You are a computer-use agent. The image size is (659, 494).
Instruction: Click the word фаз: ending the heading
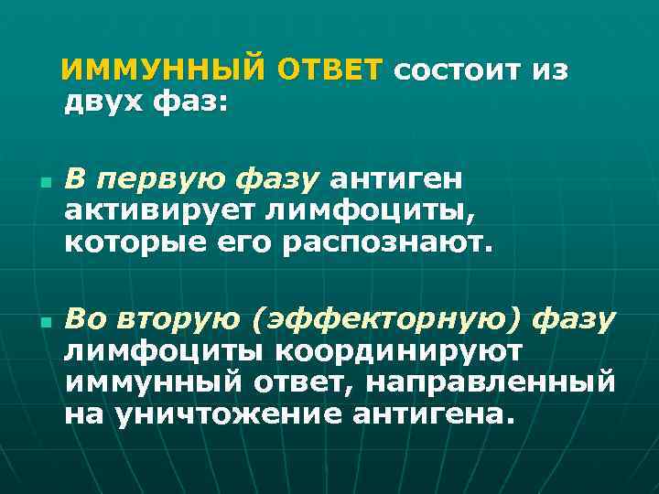192,102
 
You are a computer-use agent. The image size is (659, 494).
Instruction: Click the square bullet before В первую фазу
44,181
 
